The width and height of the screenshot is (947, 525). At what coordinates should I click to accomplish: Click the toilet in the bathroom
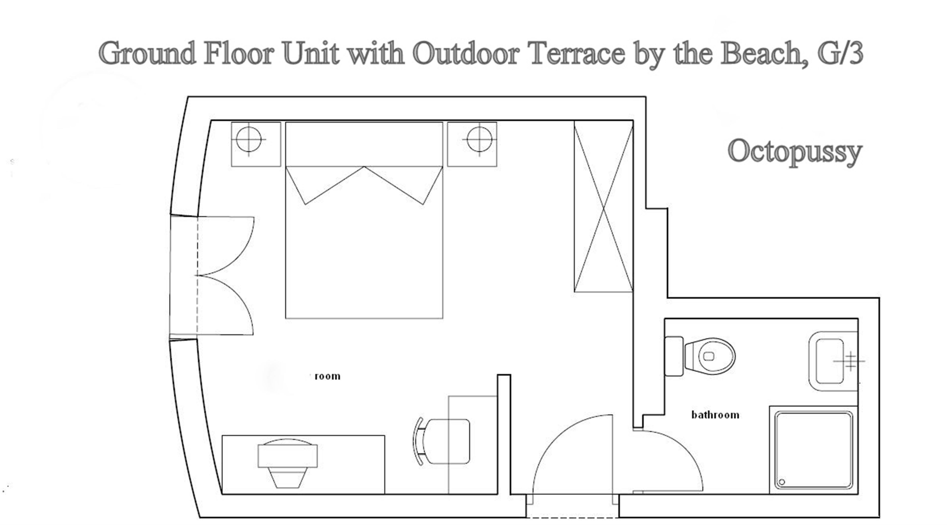tap(710, 356)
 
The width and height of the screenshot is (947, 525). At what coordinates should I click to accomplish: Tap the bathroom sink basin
tap(829, 361)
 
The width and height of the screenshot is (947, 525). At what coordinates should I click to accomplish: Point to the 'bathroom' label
tap(715, 415)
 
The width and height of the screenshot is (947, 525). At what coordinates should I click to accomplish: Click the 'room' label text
tap(327, 376)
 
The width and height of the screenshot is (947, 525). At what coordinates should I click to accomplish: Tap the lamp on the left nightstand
tap(249, 139)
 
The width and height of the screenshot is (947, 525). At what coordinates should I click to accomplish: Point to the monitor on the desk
tap(288, 456)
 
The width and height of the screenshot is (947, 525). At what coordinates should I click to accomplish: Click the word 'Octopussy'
tap(795, 151)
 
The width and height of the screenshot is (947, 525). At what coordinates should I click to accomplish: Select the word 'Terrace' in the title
tap(577, 53)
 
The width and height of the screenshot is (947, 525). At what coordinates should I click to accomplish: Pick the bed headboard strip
tap(364, 144)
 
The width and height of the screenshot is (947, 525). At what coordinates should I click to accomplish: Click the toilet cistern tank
tap(674, 356)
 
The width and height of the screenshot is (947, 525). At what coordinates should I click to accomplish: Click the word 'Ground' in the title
tap(147, 53)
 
